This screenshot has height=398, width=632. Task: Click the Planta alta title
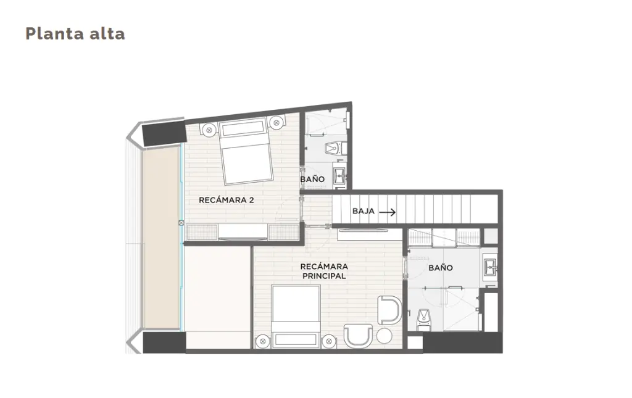tap(75, 34)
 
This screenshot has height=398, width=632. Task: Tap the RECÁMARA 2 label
tap(226, 200)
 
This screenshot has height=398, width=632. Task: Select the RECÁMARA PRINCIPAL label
tap(324, 271)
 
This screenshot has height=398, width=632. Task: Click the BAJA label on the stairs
tap(363, 211)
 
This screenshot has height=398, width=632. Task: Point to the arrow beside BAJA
tap(388, 212)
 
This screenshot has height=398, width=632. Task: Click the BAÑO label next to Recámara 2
tap(312, 180)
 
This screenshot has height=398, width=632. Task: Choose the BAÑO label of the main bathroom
tap(441, 267)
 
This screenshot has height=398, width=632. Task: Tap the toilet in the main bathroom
tap(423, 318)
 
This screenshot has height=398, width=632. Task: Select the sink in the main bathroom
tap(490, 267)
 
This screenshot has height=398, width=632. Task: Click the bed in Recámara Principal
tap(296, 316)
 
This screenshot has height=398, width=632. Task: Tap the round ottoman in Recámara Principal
tap(384, 336)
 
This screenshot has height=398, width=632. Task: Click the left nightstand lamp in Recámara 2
tap(209, 130)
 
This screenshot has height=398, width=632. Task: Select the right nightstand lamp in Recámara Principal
tap(329, 341)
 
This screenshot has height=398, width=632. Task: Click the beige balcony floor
tap(161, 238)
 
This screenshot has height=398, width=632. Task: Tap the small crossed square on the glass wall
tap(181, 223)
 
